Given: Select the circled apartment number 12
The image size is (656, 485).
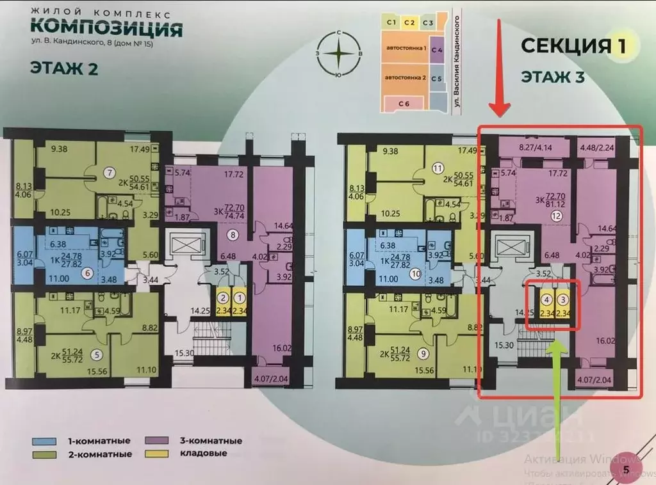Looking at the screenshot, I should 555,218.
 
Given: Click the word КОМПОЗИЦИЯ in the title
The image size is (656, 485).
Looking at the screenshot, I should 106,29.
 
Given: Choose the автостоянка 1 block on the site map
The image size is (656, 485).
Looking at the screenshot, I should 405,49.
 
